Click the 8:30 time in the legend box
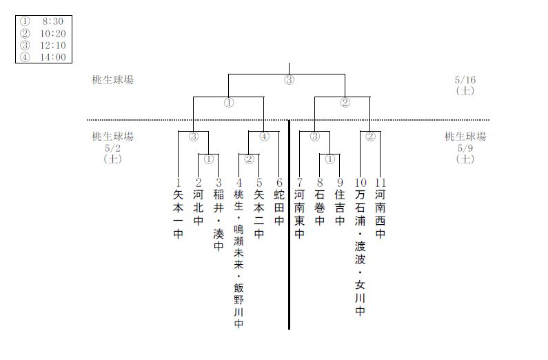point(53,21)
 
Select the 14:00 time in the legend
point(53,57)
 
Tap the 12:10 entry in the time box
point(53,46)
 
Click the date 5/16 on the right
point(465,80)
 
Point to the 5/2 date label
point(112,148)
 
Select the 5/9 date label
point(465,148)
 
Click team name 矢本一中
point(179,214)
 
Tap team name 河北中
point(198,208)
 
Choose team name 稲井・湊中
point(219,221)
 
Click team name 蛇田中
point(279,208)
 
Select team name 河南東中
point(299,214)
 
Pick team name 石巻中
point(319,208)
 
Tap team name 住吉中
point(340,208)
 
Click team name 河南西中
point(380,214)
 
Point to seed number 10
point(361,183)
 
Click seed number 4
point(239,183)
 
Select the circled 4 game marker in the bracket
point(265,137)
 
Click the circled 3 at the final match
point(289,80)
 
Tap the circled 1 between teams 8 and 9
point(330,159)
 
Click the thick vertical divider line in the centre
point(289,225)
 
